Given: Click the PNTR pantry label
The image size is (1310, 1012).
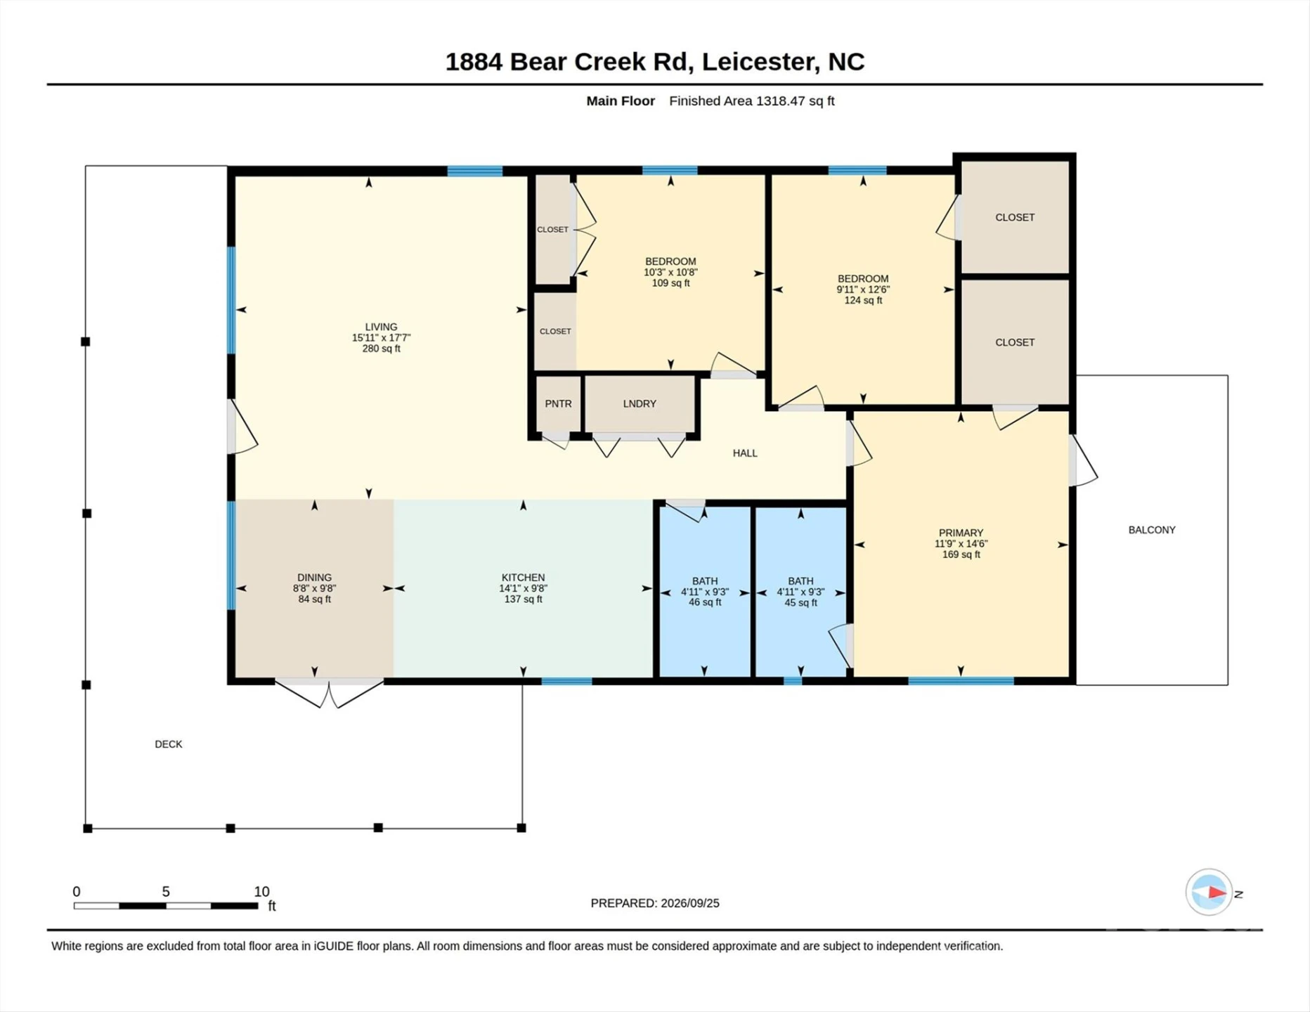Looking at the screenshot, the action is [x=558, y=404].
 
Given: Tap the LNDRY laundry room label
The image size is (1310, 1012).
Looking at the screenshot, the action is [x=640, y=404].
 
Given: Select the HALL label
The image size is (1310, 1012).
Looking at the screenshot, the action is [x=745, y=453].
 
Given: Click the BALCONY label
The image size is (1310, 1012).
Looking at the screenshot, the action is [x=1152, y=530].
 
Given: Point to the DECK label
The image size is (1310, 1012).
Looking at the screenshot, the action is [x=169, y=744].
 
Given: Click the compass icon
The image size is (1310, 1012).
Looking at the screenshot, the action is [x=1210, y=893].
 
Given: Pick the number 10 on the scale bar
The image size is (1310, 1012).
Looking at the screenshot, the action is [x=261, y=892].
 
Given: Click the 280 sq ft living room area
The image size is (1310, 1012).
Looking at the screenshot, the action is [x=381, y=349].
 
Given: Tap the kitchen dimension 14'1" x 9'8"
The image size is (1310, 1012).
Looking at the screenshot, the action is [x=523, y=588].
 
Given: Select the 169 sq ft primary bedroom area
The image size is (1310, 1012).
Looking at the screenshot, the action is [x=961, y=554].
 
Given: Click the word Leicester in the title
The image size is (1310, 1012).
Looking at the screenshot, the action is [x=758, y=62].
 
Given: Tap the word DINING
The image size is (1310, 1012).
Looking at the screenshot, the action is [x=314, y=578].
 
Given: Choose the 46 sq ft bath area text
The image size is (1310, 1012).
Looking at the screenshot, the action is [x=705, y=602].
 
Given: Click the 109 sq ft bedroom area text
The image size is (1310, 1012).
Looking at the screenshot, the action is [x=670, y=283].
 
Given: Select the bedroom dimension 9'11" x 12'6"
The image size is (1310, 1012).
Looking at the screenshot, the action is [x=863, y=290].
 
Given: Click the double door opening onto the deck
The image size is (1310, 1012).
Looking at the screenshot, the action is [x=329, y=692].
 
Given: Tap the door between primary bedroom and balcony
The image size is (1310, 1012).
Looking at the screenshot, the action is [x=1082, y=460].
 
